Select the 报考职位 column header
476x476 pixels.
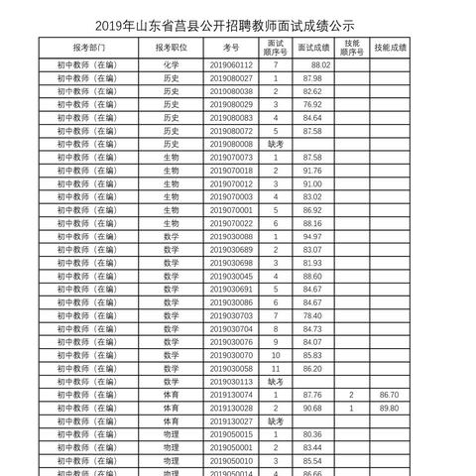pos(172,47)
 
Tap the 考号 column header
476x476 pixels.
pos(231,47)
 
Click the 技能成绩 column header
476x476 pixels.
pos(391,47)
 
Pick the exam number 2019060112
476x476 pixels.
pos(231,64)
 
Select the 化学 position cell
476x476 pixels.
pos(172,64)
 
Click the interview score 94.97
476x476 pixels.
pos(313,237)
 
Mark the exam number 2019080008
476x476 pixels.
pos(231,144)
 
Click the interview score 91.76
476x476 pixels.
pos(313,171)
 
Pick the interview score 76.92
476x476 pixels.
pos(313,104)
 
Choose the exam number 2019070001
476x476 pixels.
pos(231,210)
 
